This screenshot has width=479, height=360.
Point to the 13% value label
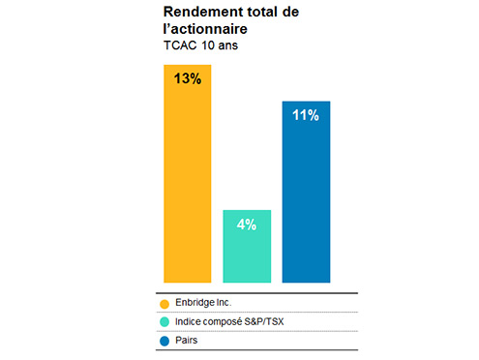[188, 79]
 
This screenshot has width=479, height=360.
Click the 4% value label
[247, 225]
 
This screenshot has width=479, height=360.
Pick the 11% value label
[306, 115]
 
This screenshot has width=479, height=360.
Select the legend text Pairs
[186, 340]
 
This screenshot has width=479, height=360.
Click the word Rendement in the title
[199, 11]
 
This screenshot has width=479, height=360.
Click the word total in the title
[255, 11]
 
